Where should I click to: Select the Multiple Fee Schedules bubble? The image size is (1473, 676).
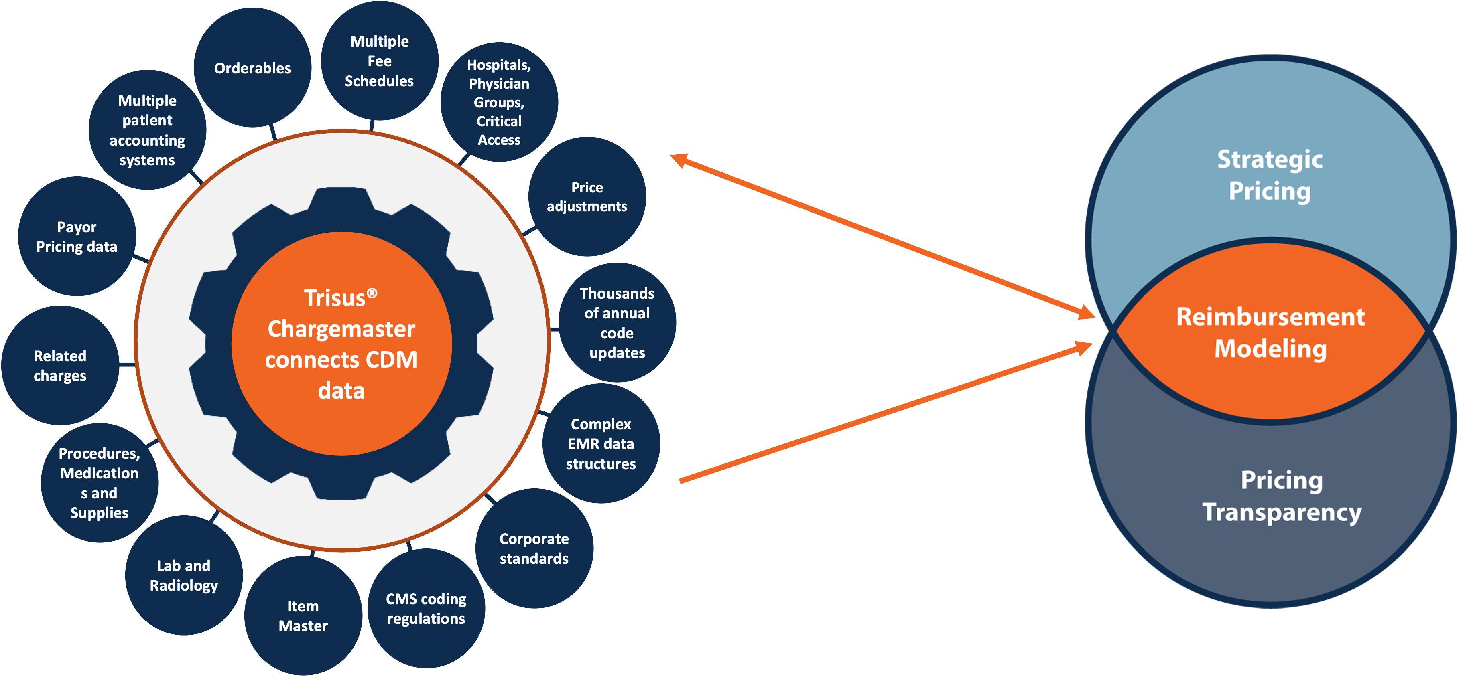pos(379,61)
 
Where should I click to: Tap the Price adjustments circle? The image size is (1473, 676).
pos(587,196)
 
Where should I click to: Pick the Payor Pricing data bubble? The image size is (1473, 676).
pos(77,237)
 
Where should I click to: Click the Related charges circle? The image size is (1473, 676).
pos(60,366)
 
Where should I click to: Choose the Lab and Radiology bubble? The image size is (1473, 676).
pos(183,575)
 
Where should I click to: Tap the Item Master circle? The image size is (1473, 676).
pos(303,615)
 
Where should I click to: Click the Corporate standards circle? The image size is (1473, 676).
pos(534,548)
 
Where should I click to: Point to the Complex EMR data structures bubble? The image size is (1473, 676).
pos(601,443)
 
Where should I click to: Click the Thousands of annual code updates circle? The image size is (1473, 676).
pos(617,323)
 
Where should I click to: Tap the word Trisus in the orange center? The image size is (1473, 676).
pos(335,298)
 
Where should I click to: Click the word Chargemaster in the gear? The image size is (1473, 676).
pos(341,329)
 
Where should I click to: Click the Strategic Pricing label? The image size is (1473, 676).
pos(1270,175)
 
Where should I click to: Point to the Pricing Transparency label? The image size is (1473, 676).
pos(1282,496)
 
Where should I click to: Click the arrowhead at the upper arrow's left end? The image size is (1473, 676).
pos(678,160)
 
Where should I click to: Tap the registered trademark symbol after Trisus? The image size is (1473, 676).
pos(372,293)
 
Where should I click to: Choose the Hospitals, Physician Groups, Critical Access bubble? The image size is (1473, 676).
pos(499,102)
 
